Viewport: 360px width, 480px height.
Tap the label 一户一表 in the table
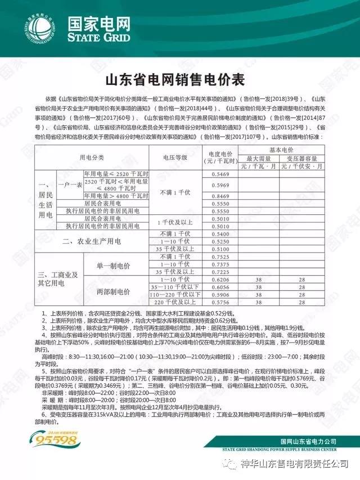tap(69, 184)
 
